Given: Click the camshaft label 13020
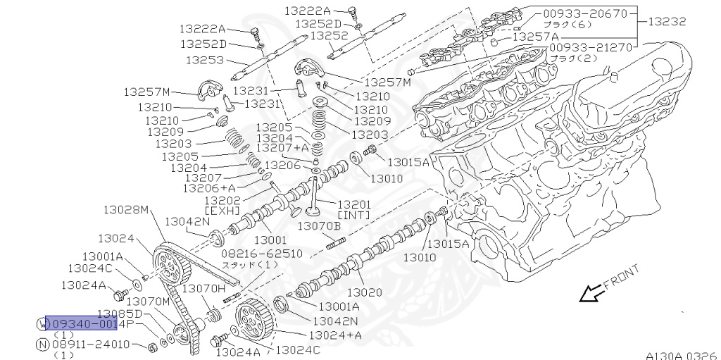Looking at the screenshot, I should point(365,291).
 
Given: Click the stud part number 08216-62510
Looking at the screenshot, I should point(261,253).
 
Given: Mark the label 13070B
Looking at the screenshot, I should point(318,225).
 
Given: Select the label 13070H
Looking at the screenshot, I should point(203,288).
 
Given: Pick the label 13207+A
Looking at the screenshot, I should point(282,148).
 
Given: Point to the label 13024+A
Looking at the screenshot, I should point(335,335).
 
